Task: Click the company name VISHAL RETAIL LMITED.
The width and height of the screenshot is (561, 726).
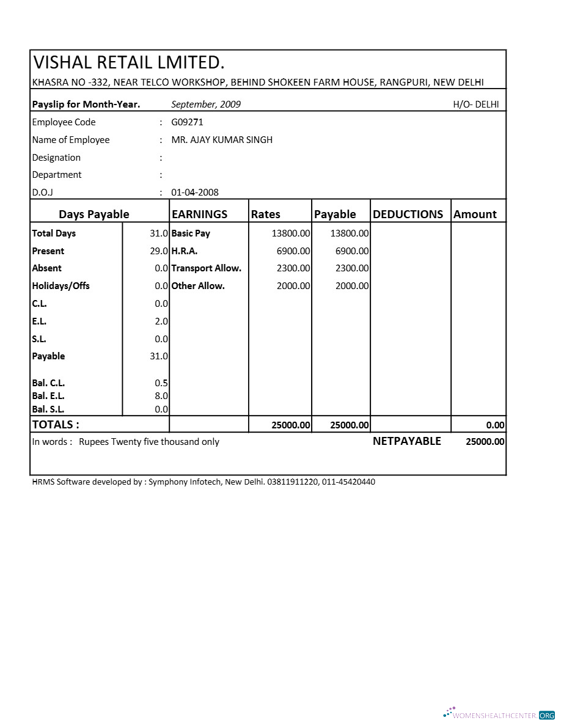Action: [129, 62]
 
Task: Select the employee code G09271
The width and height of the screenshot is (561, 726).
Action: [187, 122]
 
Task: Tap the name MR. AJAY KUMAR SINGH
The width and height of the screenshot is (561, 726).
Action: [222, 140]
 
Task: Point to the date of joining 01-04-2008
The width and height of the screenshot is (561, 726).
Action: [194, 193]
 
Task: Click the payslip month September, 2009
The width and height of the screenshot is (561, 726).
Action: [206, 105]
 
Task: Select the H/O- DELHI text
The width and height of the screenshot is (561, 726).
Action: [475, 105]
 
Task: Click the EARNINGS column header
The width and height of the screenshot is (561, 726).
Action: [200, 215]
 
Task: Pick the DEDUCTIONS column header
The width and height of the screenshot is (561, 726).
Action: [408, 215]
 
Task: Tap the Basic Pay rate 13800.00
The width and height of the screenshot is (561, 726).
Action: [291, 233]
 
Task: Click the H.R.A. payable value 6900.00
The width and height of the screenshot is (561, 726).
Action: [352, 251]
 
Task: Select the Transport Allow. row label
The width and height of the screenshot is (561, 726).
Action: [206, 268]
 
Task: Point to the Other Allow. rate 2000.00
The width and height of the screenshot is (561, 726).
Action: [293, 286]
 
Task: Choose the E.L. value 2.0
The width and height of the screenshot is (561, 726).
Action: [161, 321]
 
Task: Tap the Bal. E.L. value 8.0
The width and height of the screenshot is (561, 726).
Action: [161, 396]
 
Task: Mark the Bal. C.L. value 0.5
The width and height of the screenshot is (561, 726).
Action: [161, 383]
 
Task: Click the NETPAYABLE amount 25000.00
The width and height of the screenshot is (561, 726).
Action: [485, 442]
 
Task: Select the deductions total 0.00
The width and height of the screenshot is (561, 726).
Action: [496, 425]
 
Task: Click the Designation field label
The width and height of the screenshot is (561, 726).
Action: [56, 158]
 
